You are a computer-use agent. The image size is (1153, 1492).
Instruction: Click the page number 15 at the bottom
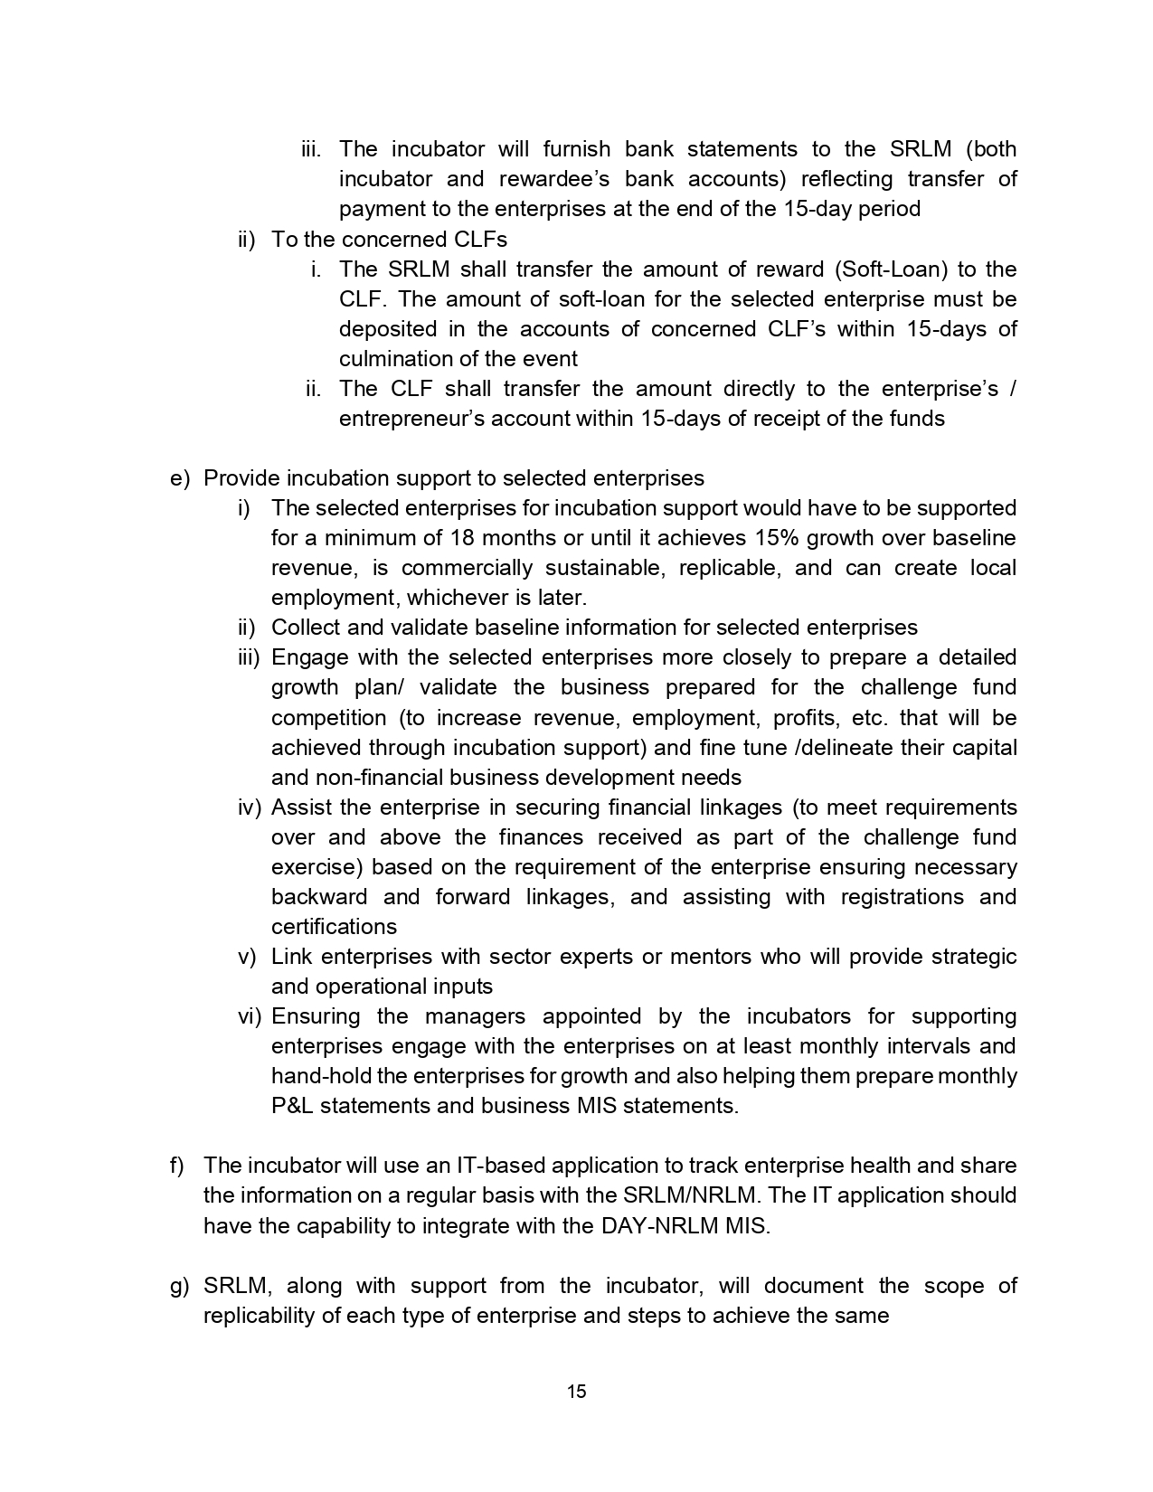coord(576,1392)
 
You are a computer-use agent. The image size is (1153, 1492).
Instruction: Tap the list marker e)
coord(179,478)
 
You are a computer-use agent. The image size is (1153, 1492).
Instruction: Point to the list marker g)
coord(179,1286)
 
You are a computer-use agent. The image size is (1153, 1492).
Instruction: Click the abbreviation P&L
coord(291,1106)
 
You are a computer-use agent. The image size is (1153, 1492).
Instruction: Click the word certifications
coord(334,927)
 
